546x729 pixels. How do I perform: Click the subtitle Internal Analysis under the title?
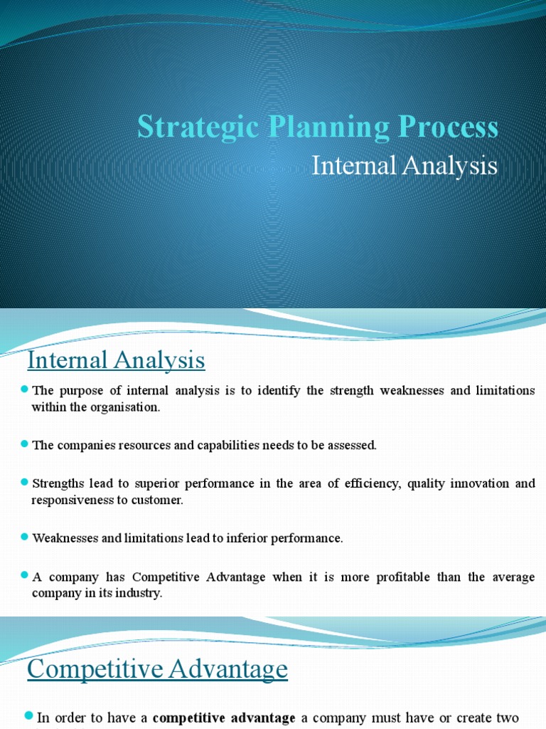click(x=405, y=166)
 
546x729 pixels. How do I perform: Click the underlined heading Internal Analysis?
click(x=116, y=360)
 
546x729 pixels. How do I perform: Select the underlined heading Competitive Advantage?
click(x=157, y=669)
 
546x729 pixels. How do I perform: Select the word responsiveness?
click(x=70, y=500)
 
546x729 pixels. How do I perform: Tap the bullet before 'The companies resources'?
click(x=25, y=444)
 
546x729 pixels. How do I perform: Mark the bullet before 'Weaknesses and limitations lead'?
click(x=25, y=537)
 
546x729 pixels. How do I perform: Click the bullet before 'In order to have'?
click(x=29, y=715)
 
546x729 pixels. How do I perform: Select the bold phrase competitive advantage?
click(x=224, y=718)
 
